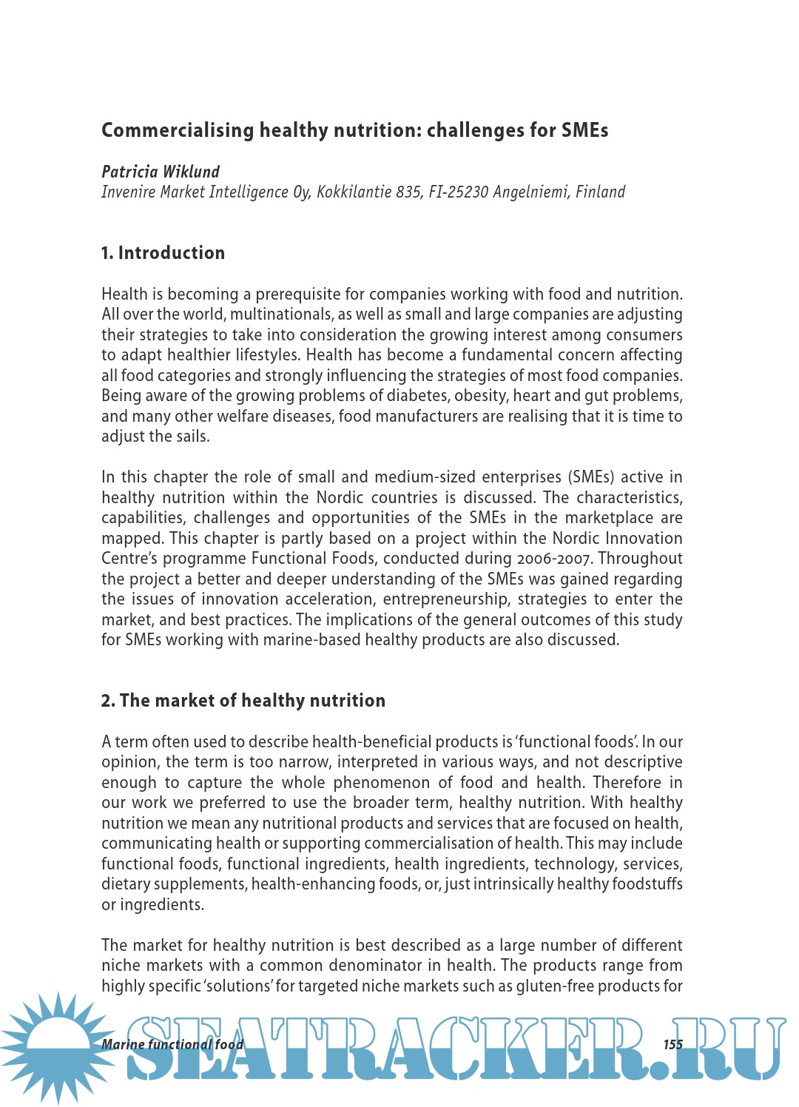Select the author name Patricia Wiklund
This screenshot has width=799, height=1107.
click(x=161, y=172)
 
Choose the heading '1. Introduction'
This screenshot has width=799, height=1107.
click(x=163, y=253)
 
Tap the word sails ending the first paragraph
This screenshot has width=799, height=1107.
click(x=191, y=437)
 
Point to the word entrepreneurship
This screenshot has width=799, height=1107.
click(x=446, y=599)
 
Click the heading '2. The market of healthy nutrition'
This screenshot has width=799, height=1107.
click(x=243, y=701)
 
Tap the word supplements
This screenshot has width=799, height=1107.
click(x=197, y=884)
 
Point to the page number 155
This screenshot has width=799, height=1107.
click(x=672, y=1045)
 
